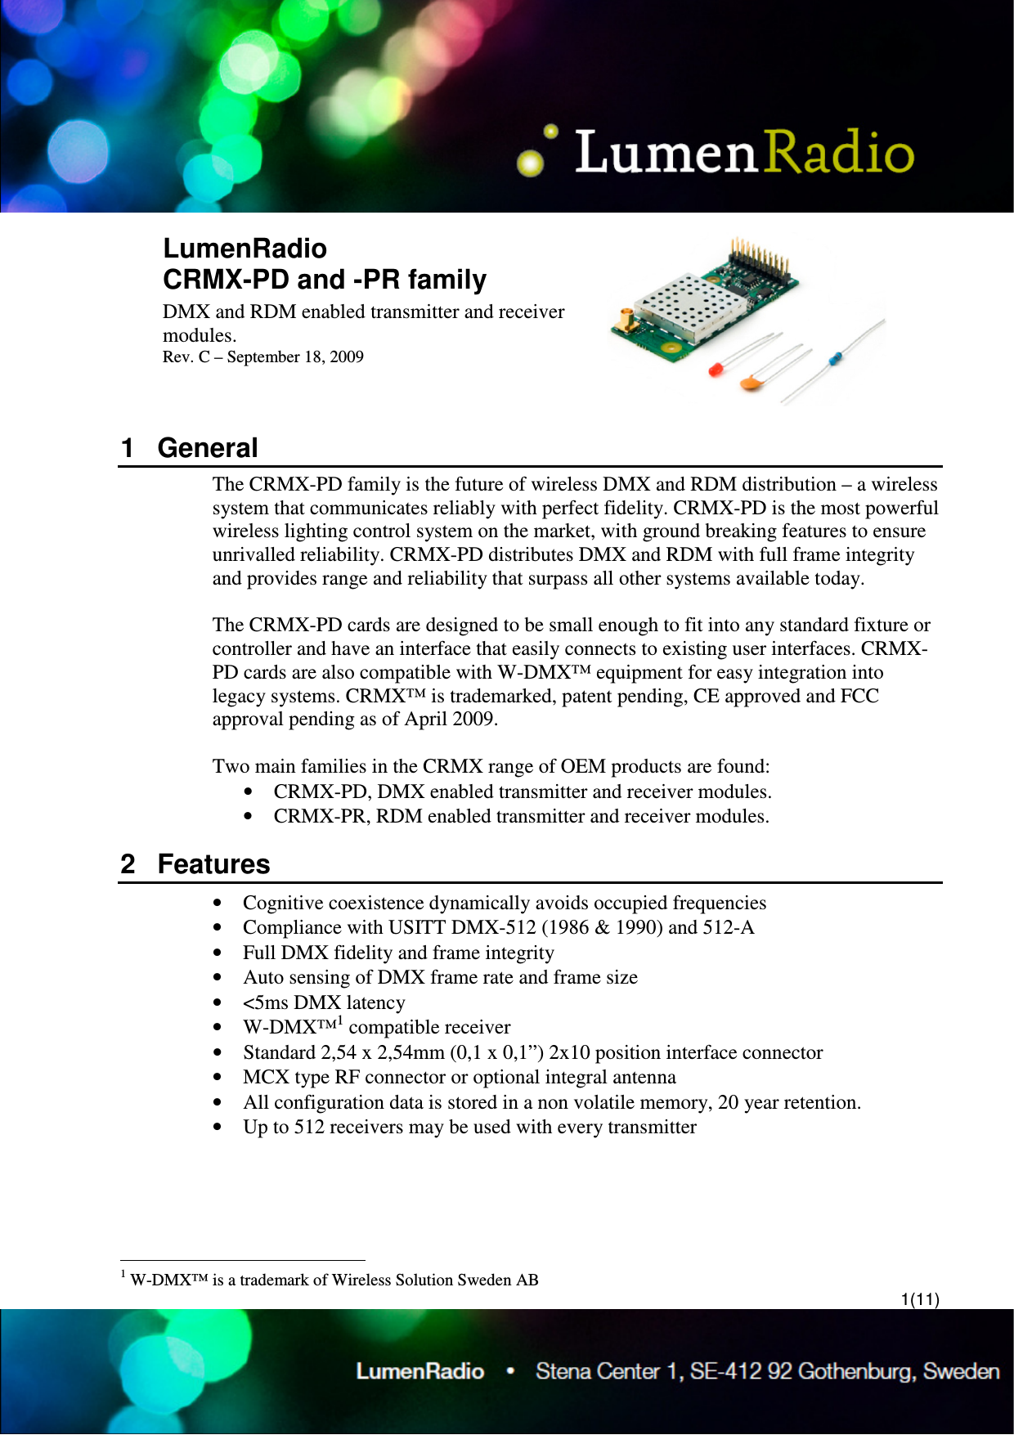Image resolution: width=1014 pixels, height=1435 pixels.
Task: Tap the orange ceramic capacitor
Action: point(751,381)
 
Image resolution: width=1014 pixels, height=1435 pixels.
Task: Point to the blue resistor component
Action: point(835,357)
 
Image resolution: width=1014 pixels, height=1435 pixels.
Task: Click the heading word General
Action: point(208,448)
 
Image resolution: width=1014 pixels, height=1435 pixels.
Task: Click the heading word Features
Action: point(213,864)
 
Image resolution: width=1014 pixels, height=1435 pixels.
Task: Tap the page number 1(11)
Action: point(920,1299)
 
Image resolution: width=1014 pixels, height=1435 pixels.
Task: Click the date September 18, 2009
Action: point(295,357)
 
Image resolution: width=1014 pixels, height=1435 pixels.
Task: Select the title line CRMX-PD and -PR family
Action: point(325,280)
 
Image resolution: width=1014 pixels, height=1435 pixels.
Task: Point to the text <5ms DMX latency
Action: point(324,1002)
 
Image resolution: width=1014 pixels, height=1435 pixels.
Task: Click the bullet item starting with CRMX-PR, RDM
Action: point(521,816)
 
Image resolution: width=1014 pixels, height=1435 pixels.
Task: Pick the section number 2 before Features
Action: point(128,864)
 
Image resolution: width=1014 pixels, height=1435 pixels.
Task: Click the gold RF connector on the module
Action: point(626,323)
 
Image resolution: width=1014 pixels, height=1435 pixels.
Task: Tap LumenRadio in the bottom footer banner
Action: point(420,1371)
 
